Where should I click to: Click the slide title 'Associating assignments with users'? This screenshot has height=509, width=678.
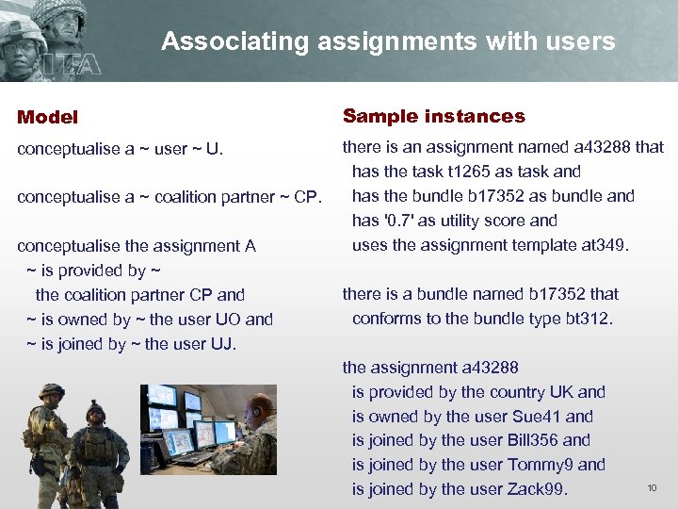388,41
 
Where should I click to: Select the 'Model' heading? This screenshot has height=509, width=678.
48,118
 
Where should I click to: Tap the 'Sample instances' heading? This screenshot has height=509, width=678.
433,117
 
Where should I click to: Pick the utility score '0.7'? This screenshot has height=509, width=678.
395,221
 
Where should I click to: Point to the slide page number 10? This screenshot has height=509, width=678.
651,487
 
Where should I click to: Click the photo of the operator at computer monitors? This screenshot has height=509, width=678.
208,429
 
